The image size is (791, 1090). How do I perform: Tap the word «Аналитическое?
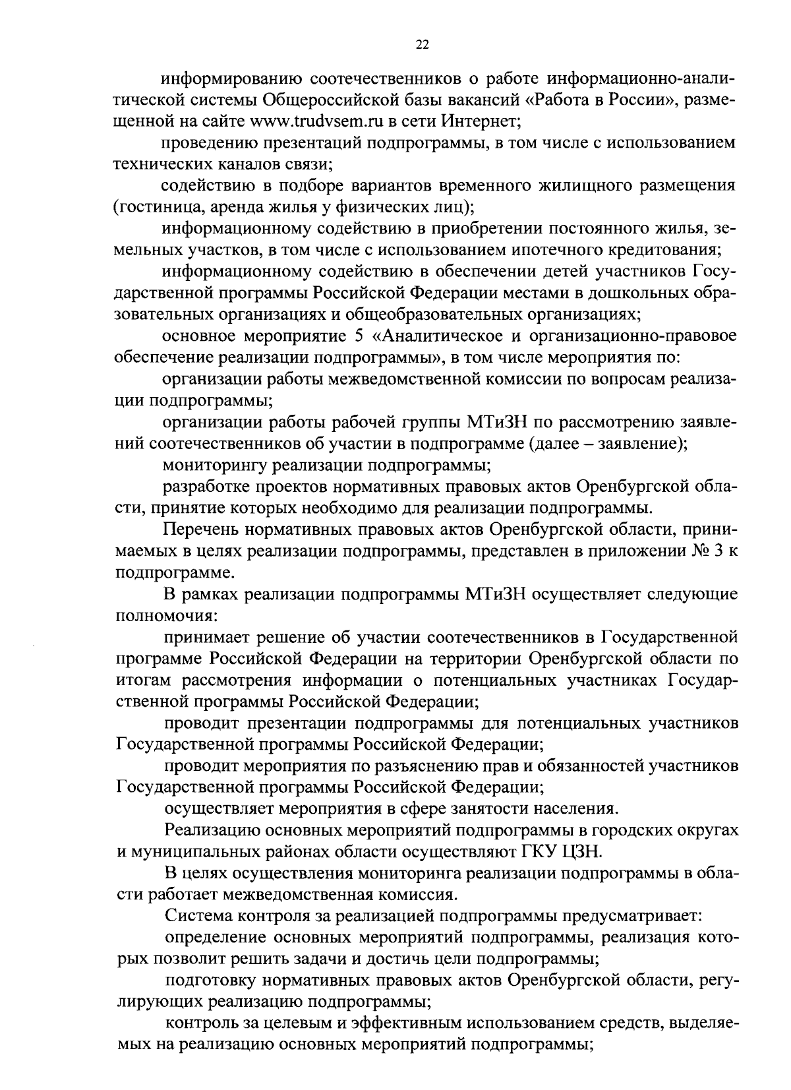pyautogui.click(x=434, y=336)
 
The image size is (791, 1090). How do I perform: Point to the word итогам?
pyautogui.click(x=140, y=680)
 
